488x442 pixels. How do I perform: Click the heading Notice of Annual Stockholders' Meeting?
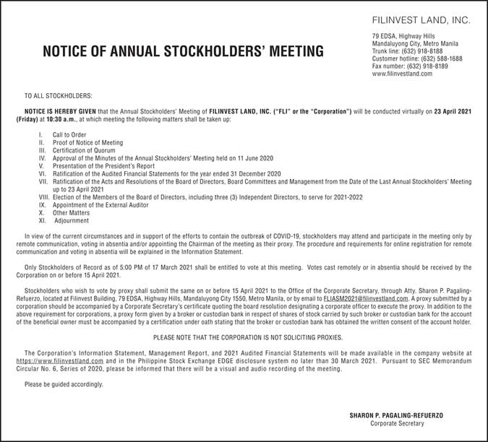click(x=184, y=51)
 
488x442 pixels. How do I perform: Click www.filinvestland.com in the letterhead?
click(x=402, y=74)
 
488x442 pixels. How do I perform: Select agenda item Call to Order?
click(x=69, y=135)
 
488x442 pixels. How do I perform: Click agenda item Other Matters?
click(x=71, y=213)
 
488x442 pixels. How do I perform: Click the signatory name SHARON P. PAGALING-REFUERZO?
click(x=396, y=415)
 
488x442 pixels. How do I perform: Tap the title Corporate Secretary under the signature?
click(x=396, y=423)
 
